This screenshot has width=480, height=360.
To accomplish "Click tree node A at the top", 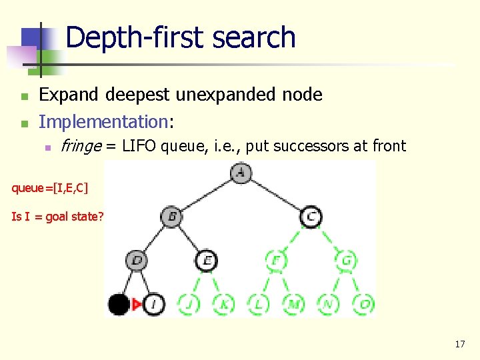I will click(x=240, y=173).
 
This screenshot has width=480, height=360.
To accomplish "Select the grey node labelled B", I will click(x=171, y=217).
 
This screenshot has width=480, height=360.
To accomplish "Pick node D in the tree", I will click(x=137, y=260).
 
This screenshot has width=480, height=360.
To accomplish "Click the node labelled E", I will click(x=207, y=260).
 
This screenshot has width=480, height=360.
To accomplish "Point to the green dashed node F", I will click(x=275, y=260).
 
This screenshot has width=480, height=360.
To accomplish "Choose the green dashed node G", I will click(x=346, y=260).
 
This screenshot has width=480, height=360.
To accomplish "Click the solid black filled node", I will click(x=119, y=305).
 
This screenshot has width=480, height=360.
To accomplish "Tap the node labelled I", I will click(x=153, y=305).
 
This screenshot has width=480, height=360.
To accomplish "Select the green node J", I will click(x=189, y=305).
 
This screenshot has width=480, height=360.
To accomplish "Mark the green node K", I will click(x=223, y=305).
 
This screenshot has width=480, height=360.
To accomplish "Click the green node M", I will click(x=293, y=305).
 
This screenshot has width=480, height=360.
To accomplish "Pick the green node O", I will click(x=363, y=305).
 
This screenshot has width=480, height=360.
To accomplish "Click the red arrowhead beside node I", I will click(x=137, y=305).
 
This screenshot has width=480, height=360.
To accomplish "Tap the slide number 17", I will click(x=459, y=344).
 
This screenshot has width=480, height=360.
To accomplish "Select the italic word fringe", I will click(x=79, y=146).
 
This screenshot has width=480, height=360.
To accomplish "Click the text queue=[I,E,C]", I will click(x=49, y=188).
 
